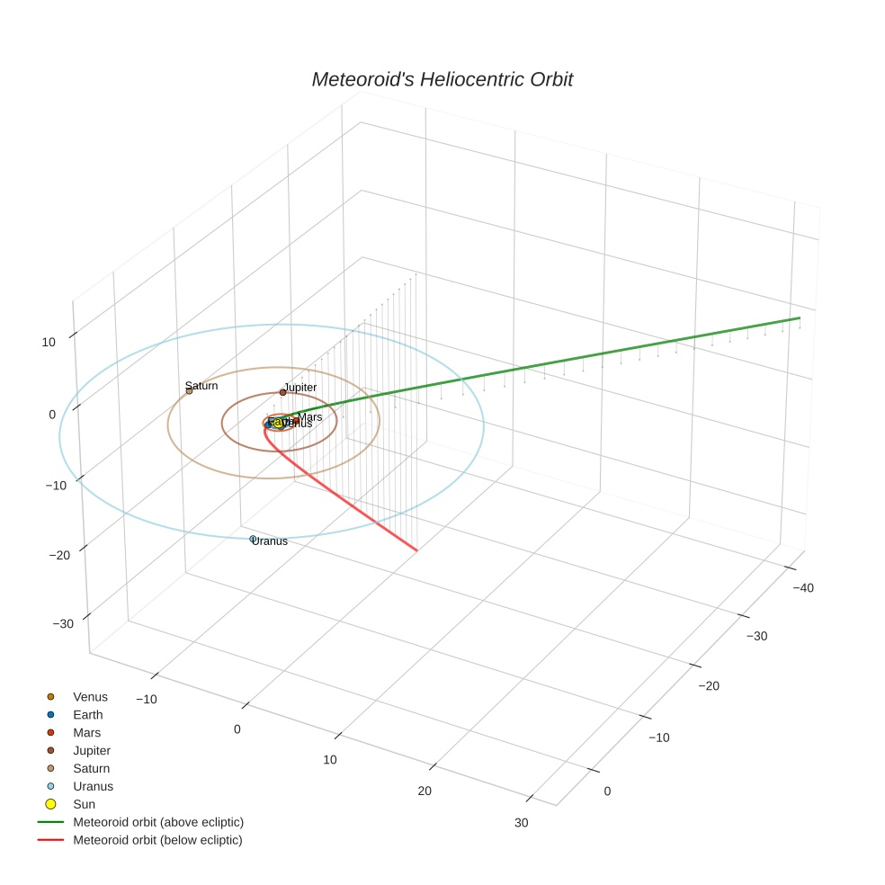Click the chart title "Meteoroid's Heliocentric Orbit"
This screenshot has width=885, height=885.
click(442, 79)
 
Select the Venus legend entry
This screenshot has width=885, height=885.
click(90, 697)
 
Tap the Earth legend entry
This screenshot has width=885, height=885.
click(87, 715)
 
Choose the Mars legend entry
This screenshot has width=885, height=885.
click(86, 733)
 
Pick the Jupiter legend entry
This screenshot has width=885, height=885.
click(92, 750)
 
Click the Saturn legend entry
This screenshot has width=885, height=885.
click(91, 768)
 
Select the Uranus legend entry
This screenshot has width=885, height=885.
click(93, 786)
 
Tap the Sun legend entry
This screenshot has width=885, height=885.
click(84, 804)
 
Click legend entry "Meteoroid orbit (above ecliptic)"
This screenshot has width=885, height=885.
click(157, 822)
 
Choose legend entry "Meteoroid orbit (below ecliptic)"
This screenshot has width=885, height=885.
click(157, 840)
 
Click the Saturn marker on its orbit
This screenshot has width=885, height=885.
click(189, 391)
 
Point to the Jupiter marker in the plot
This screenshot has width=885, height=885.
click(282, 392)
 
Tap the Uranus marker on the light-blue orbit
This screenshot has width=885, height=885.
click(253, 539)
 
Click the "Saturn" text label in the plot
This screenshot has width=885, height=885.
click(201, 386)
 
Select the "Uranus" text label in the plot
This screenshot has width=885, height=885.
click(270, 541)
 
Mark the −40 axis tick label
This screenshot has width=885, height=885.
click(803, 588)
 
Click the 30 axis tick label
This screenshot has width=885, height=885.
click(522, 824)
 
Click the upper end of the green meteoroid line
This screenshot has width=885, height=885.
click(800, 317)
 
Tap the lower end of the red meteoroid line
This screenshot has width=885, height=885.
click(417, 550)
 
